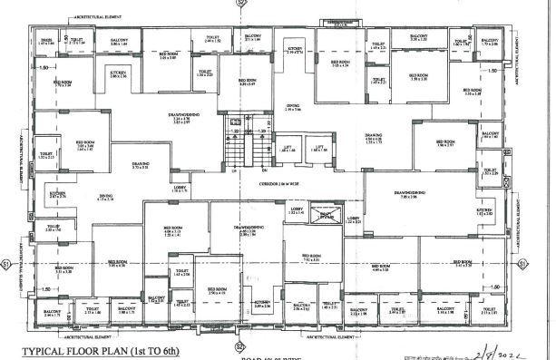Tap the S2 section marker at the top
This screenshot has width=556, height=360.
click(x=241, y=4)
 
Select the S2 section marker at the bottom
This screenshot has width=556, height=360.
click(x=240, y=345)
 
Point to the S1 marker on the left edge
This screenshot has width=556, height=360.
click(x=7, y=263)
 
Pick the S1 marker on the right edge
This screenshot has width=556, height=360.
click(x=523, y=263)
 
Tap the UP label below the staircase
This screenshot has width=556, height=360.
click(x=233, y=172)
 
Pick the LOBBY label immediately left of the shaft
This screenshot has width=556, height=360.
click(x=297, y=211)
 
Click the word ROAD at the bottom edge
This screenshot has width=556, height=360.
click(x=251, y=357)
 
